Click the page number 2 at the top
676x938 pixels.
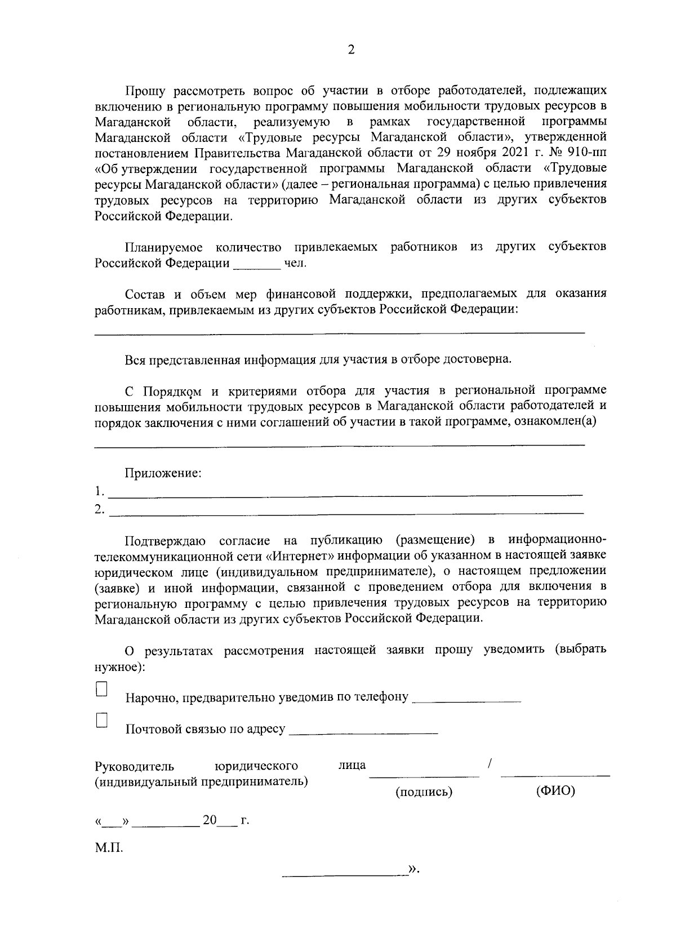click(351, 51)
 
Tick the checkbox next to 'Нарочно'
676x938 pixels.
click(102, 689)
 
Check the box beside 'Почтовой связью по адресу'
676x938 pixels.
click(102, 721)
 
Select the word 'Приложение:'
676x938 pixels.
click(163, 473)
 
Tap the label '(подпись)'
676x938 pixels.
click(424, 792)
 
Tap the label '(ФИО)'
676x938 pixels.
click(555, 791)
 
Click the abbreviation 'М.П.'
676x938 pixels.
click(108, 848)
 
